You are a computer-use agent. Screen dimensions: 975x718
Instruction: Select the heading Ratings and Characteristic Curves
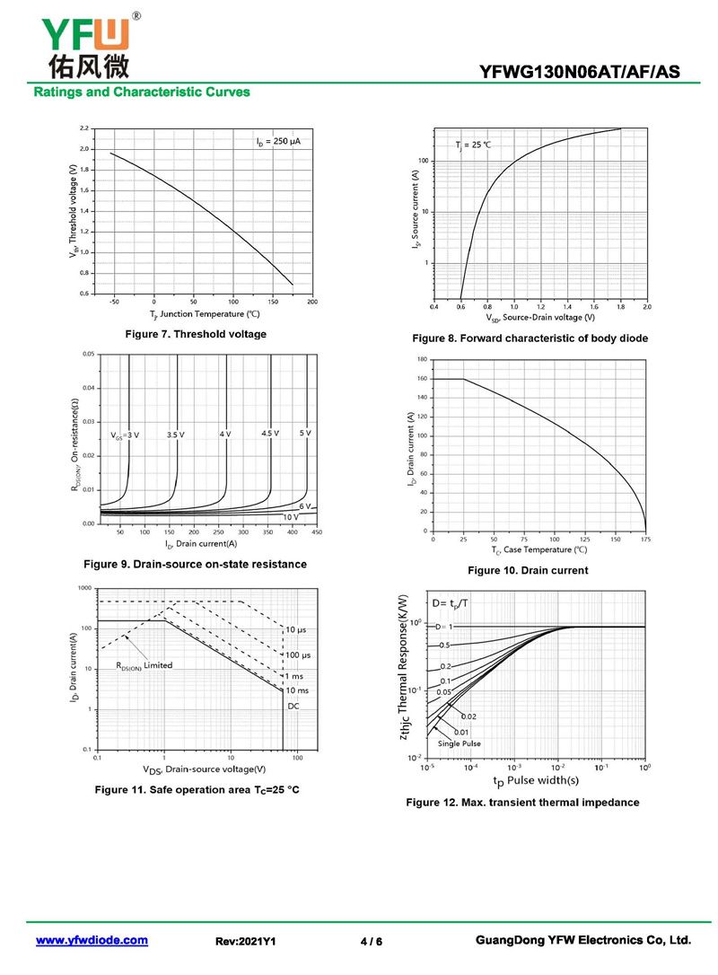[x=141, y=92]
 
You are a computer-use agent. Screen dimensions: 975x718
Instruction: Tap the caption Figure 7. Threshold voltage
[x=195, y=334]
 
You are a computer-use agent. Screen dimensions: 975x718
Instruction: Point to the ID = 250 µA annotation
[x=277, y=142]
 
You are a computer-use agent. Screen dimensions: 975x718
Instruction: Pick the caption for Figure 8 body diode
[x=530, y=338]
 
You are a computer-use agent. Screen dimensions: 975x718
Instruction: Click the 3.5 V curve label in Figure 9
[x=175, y=435]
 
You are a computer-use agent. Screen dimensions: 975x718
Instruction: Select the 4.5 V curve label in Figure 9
[x=270, y=434]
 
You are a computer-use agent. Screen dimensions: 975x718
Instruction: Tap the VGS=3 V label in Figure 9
[x=125, y=435]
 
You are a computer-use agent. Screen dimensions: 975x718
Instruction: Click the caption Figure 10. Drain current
[x=528, y=570]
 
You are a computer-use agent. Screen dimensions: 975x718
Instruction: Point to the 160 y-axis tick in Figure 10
[x=422, y=379]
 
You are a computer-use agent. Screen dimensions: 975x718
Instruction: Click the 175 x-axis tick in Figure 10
[x=645, y=540]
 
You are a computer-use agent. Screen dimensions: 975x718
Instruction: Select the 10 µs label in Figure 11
[x=297, y=629]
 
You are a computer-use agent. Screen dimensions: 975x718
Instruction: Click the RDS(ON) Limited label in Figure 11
[x=144, y=665]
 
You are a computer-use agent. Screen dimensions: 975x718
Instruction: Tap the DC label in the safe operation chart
[x=293, y=707]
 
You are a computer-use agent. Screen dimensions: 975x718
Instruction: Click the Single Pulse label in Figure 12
[x=459, y=744]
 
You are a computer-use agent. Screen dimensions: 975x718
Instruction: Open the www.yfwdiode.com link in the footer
[x=92, y=940]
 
